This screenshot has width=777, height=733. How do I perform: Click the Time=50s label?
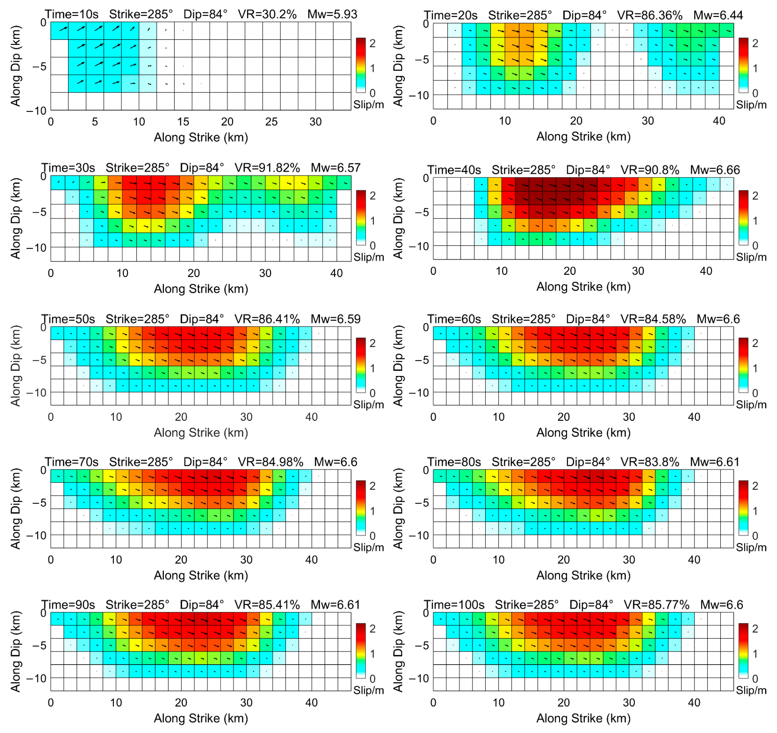pyautogui.click(x=68, y=319)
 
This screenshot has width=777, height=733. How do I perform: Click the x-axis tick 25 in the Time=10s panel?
pyautogui.click(x=271, y=122)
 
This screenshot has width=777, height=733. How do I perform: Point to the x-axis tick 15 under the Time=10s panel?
pyautogui.click(x=183, y=122)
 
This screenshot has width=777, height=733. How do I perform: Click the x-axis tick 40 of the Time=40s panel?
pyautogui.click(x=706, y=271)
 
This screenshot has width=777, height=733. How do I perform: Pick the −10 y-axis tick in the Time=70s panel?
pyautogui.click(x=36, y=535)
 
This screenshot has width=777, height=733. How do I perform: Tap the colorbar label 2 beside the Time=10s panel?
pyautogui.click(x=373, y=43)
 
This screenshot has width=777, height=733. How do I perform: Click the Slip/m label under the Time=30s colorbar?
pyautogui.click(x=368, y=257)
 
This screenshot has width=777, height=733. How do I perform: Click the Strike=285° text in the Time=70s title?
pyautogui.click(x=141, y=462)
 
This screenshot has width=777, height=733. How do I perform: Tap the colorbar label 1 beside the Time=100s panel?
pyautogui.click(x=755, y=654)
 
